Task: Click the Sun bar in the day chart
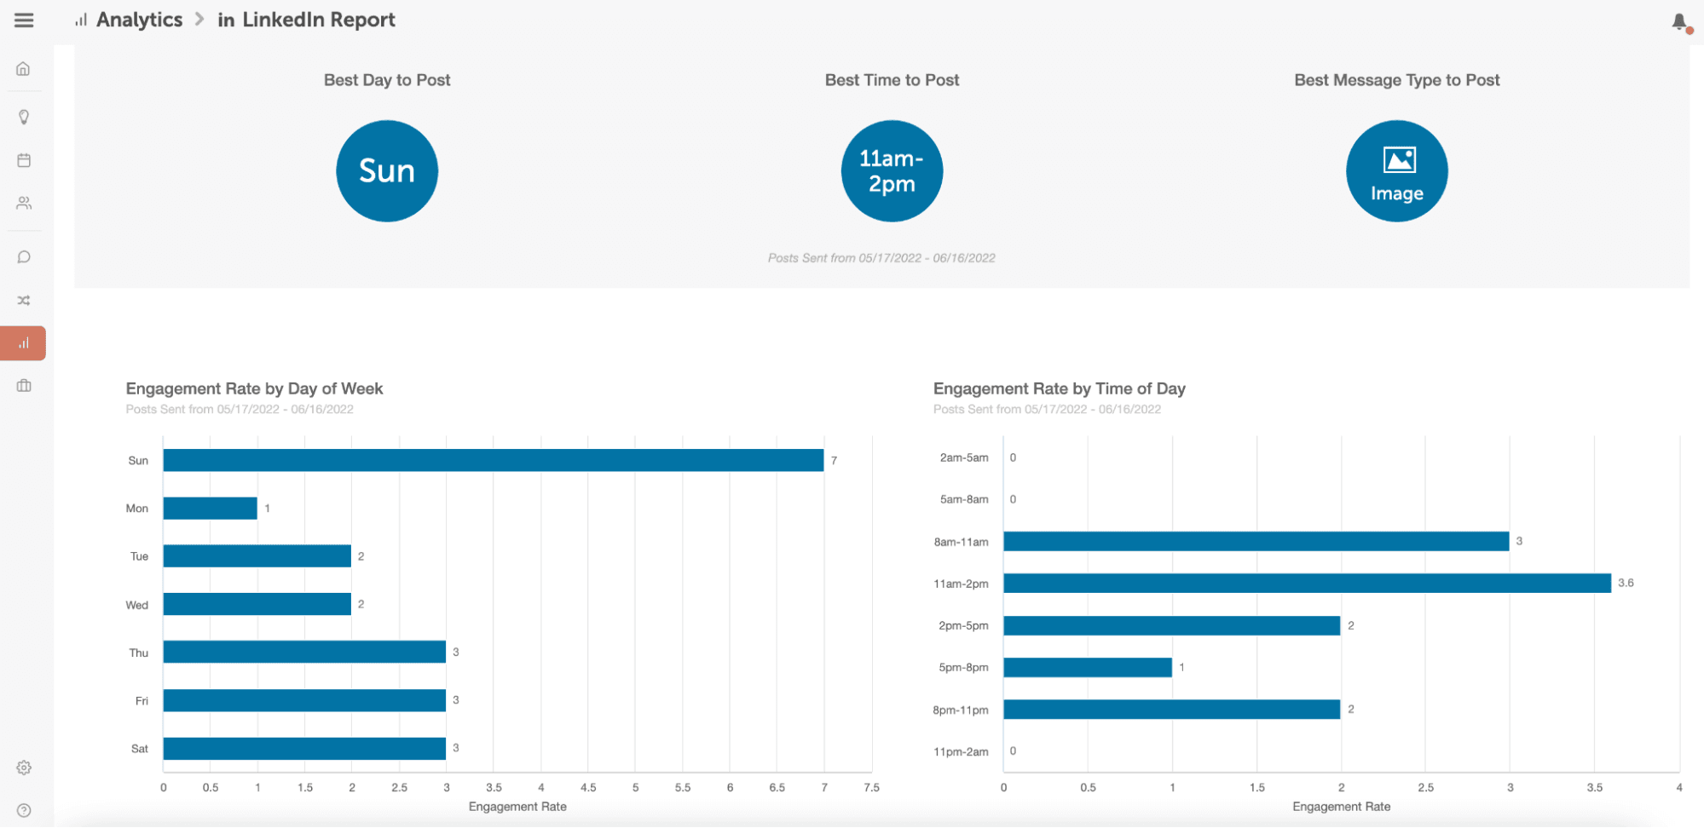coord(493,460)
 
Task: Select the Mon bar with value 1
coord(210,509)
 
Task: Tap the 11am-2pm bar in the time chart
coord(1306,584)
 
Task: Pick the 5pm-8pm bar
coord(1087,668)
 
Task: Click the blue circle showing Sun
coord(387,171)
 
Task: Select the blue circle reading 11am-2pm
coord(892,171)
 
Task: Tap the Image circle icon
coord(1396,171)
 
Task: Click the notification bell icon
coord(1679,22)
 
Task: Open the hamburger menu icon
coord(24,20)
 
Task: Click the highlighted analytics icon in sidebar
coord(24,343)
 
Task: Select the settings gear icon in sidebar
coord(24,768)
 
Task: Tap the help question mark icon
coord(24,810)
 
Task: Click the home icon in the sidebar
coord(24,69)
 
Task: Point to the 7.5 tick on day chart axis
coord(871,788)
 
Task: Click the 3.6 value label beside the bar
coord(1626,584)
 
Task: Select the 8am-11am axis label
coord(961,542)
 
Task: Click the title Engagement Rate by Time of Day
coord(1059,388)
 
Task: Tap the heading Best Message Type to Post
coord(1396,80)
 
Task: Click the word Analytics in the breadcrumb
coord(139,20)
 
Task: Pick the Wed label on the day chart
coord(137,605)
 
